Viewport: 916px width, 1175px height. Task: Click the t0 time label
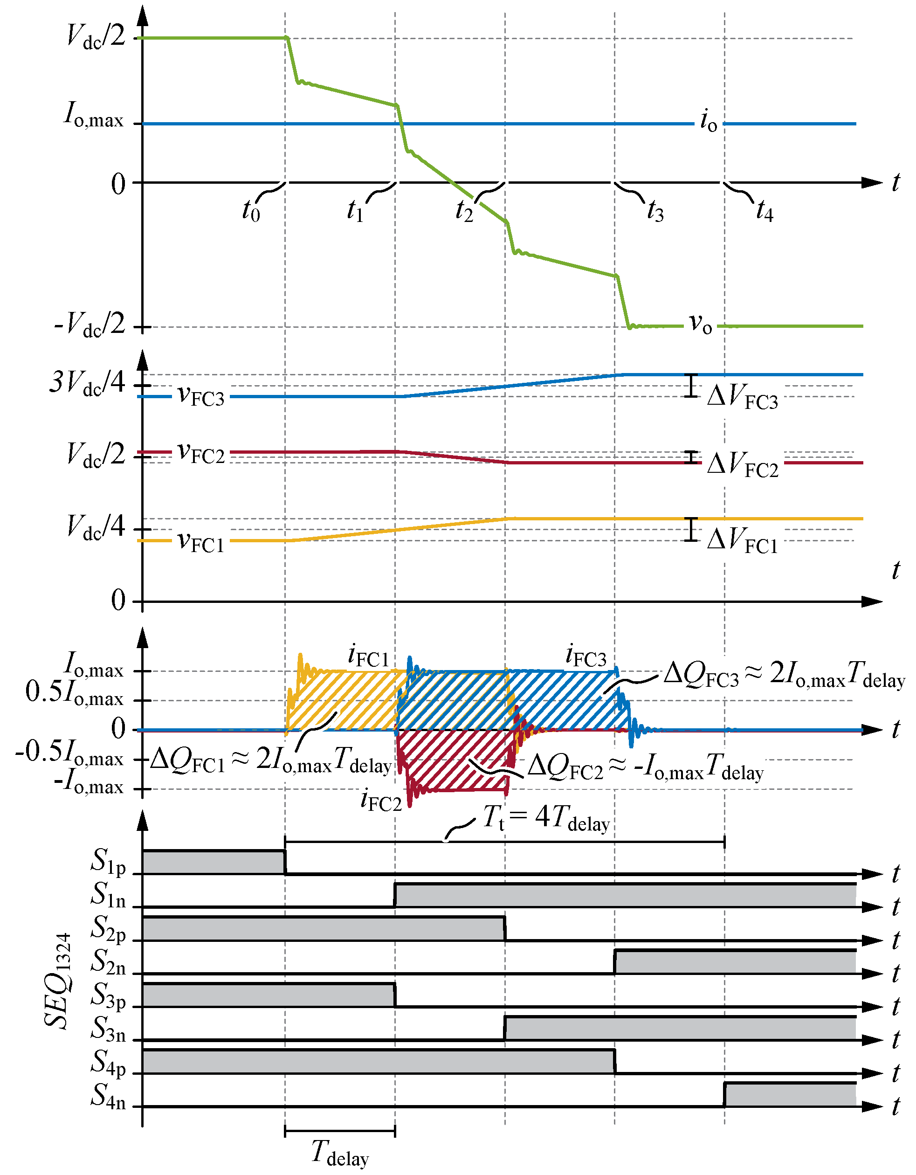[251, 211]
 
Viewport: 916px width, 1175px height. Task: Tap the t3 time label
[655, 211]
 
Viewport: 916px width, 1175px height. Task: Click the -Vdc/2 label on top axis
[90, 325]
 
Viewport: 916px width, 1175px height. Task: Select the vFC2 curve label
[200, 454]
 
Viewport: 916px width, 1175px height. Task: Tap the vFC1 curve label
[200, 542]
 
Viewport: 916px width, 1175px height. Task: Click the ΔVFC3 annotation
[742, 398]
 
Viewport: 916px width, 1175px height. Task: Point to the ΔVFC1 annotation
[742, 541]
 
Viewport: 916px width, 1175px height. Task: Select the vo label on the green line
[700, 325]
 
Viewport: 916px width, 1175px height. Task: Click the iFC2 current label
[381, 800]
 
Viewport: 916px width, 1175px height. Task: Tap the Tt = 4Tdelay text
[546, 819]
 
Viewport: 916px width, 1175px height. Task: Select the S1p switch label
[108, 861]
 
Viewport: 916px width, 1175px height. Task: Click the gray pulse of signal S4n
[790, 1095]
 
